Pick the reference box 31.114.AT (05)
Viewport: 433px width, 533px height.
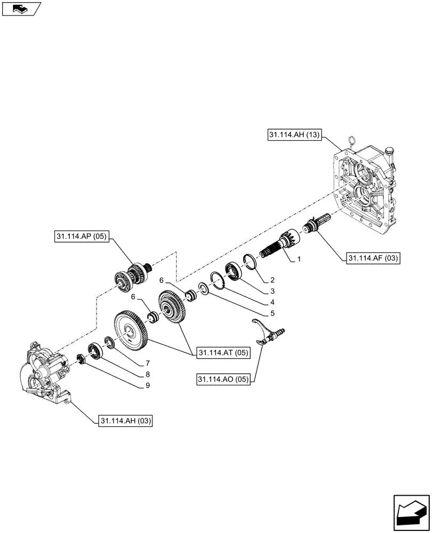(x=223, y=352)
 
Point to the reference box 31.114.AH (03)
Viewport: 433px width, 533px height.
(x=125, y=421)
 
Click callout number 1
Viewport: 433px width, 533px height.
(x=299, y=260)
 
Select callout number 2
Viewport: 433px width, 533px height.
(x=272, y=279)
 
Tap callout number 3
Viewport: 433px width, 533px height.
(x=272, y=291)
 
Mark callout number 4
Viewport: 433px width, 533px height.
(x=272, y=302)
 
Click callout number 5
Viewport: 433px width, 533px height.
(x=272, y=313)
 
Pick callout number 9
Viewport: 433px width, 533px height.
(x=148, y=385)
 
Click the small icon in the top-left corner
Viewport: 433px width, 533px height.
(x=21, y=9)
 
